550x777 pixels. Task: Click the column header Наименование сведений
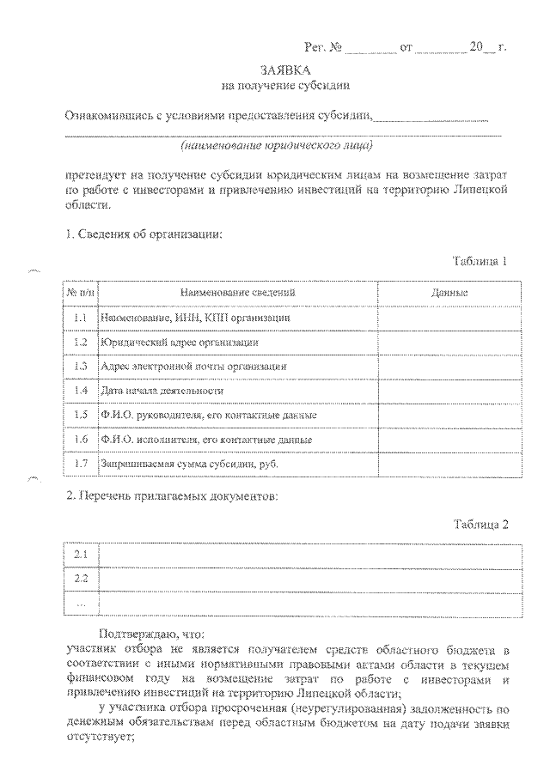[x=238, y=294]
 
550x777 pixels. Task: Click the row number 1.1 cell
[x=82, y=318]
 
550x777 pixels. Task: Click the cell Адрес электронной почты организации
[x=193, y=367]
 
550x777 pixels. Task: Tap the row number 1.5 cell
[x=82, y=415]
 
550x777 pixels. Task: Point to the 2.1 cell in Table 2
[x=82, y=555]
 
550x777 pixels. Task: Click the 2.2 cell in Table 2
[x=82, y=579]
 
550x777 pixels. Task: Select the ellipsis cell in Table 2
[x=82, y=603]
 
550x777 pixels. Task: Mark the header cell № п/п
[x=82, y=294]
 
